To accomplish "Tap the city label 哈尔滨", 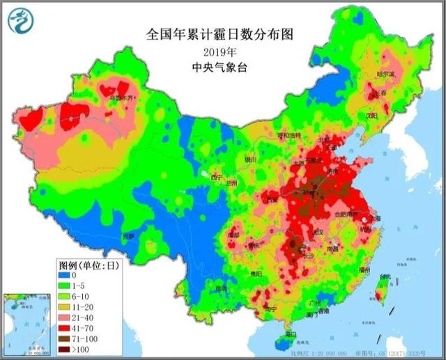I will point(385,73).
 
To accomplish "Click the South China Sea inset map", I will point(27,322).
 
